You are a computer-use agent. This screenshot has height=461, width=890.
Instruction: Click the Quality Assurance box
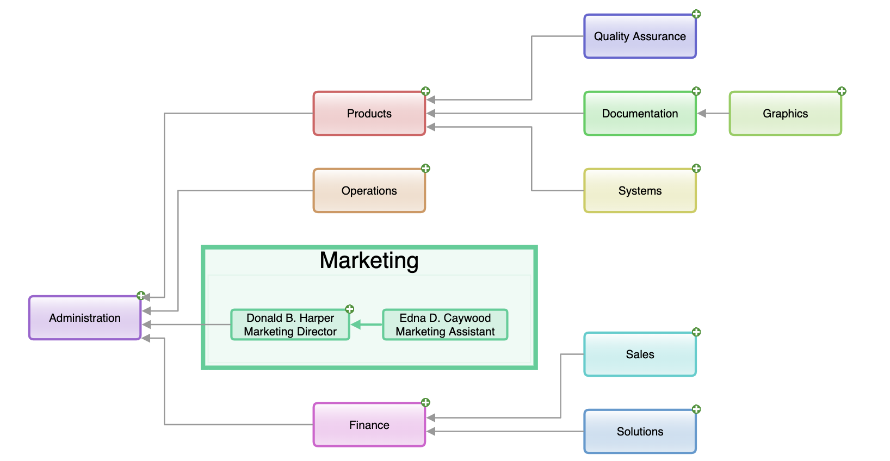(640, 36)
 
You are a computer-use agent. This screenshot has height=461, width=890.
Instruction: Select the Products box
(369, 114)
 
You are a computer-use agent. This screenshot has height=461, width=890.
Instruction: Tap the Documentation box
(640, 114)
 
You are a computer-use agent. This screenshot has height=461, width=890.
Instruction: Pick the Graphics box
(785, 114)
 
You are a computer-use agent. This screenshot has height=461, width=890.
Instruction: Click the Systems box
(640, 191)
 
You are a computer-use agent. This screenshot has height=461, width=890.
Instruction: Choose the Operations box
(369, 191)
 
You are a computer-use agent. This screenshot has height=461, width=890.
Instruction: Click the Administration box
(85, 318)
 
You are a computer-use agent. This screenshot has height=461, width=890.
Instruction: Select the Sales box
(640, 354)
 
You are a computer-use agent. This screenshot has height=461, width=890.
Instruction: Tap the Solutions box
(640, 432)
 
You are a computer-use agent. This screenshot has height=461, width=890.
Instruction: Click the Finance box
(369, 425)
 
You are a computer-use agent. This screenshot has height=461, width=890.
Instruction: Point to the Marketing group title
(369, 260)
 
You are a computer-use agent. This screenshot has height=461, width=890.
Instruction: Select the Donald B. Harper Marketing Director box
(290, 325)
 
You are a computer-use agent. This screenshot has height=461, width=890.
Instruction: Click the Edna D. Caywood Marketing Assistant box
(445, 325)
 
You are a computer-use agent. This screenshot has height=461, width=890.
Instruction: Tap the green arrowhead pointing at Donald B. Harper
(356, 325)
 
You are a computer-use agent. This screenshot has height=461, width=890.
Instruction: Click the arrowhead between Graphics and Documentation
(702, 114)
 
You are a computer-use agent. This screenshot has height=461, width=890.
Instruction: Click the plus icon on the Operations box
(425, 169)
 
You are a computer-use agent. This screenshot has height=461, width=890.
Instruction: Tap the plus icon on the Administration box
(141, 296)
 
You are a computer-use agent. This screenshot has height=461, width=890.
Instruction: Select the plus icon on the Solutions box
(696, 409)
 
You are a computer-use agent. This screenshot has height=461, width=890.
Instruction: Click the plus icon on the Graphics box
(842, 91)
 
